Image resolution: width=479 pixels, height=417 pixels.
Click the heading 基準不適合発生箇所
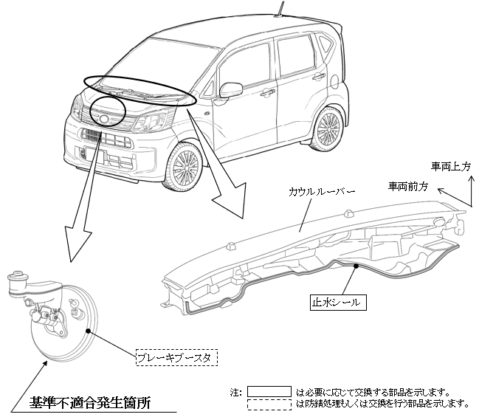pos(90,403)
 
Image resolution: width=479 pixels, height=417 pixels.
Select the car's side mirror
pos(230,90)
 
